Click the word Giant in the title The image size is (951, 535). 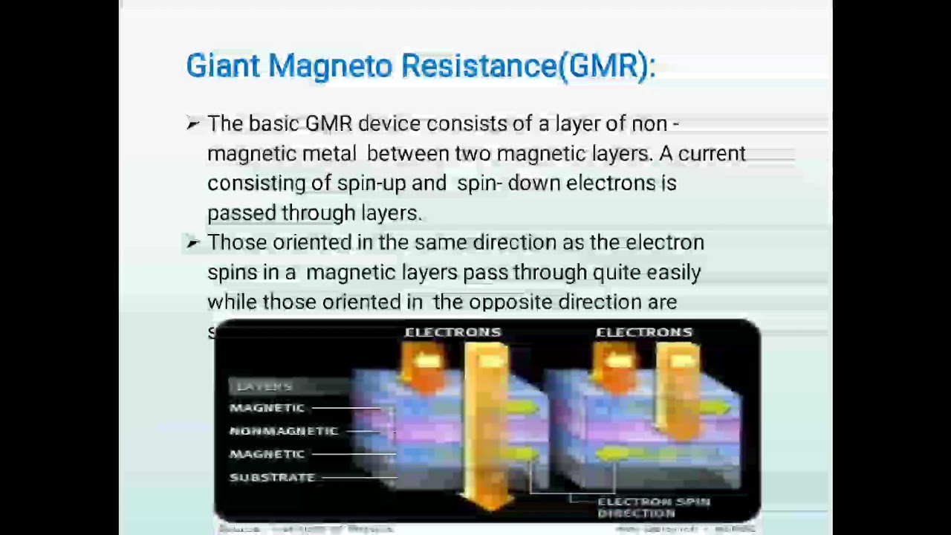pos(222,66)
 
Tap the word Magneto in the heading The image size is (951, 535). pos(330,66)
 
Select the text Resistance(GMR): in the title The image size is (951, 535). pos(528,66)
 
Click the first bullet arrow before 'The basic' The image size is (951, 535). pos(193,124)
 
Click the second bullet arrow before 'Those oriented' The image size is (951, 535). pos(193,242)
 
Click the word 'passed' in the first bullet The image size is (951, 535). pos(241,213)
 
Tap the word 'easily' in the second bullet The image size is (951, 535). pos(673,273)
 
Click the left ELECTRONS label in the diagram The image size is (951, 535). pos(452,332)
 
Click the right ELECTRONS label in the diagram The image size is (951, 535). pos(643,332)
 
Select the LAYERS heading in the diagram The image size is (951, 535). pos(264,386)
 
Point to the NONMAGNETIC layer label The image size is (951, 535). pos(283,431)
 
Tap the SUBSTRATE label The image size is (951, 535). pos(272,478)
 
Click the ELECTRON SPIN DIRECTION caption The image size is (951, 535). pos(653,508)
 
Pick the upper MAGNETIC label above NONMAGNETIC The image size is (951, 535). pos(267,408)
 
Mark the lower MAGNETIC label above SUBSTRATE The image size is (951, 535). pos(267,454)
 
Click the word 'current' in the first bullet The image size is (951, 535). pos(711,154)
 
